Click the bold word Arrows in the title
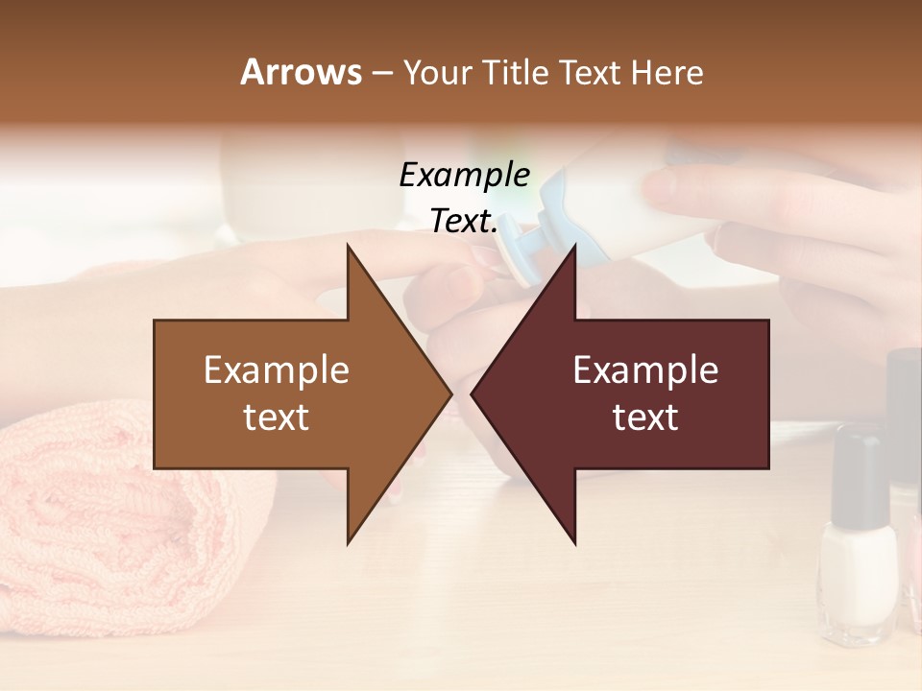point(302,72)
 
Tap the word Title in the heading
point(513,72)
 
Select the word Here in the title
point(667,72)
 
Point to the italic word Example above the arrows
point(464,175)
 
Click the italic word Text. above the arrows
point(464,221)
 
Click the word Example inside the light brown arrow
point(277,369)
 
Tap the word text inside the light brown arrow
point(277,417)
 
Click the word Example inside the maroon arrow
point(645,369)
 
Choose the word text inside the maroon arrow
point(645,417)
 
